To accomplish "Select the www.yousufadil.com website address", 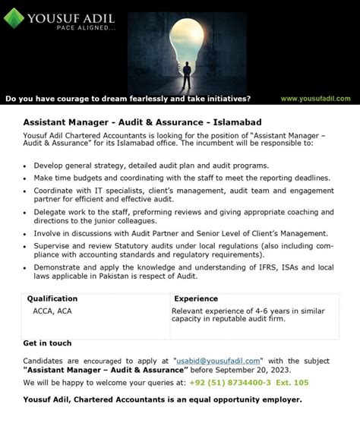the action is click(x=315, y=99).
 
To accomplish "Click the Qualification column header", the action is click(x=52, y=299).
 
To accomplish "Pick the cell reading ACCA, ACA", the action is click(x=53, y=311).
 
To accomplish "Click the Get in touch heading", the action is click(x=47, y=343).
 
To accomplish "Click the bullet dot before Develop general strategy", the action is click(x=26, y=166).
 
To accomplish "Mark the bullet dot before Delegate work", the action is click(x=26, y=213).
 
